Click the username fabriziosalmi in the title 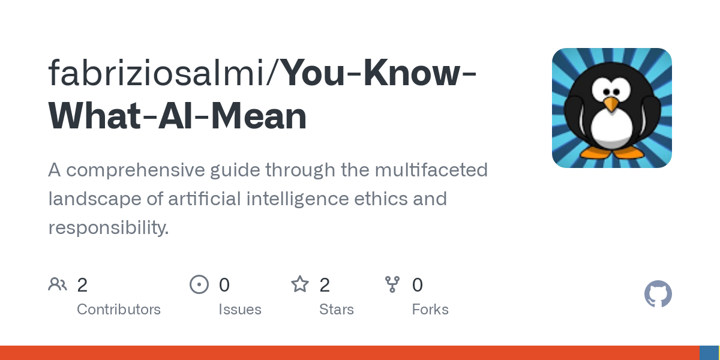(x=156, y=73)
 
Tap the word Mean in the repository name (x=259, y=116)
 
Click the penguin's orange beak (x=611, y=104)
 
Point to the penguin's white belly (x=611, y=129)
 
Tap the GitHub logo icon (x=658, y=294)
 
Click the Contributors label (x=119, y=310)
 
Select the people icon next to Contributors (x=58, y=284)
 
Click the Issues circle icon (x=199, y=284)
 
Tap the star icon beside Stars (x=300, y=284)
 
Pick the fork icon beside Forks (x=392, y=284)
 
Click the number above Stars (x=325, y=285)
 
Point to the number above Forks (x=418, y=285)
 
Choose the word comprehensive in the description (x=136, y=170)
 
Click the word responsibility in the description (x=109, y=228)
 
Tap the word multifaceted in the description (x=431, y=170)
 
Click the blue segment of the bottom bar (x=709, y=353)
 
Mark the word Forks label (x=430, y=310)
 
